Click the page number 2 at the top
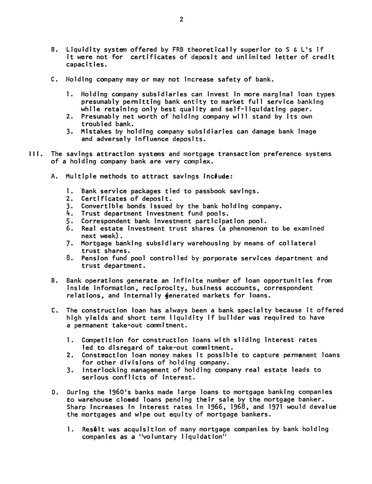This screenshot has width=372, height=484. click(181, 20)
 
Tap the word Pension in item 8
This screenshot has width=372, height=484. click(94, 258)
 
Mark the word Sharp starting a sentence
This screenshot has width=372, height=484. click(75, 407)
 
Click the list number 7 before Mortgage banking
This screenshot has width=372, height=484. click(69, 243)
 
